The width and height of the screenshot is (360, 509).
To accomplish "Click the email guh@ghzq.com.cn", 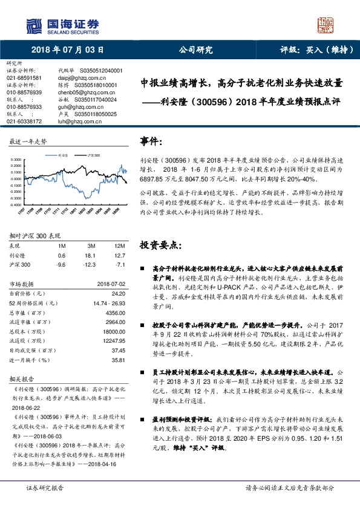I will [x=77, y=106].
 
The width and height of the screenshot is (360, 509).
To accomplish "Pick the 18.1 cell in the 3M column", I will [x=92, y=256].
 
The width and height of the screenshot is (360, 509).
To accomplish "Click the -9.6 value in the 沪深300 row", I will [x=61, y=265].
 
